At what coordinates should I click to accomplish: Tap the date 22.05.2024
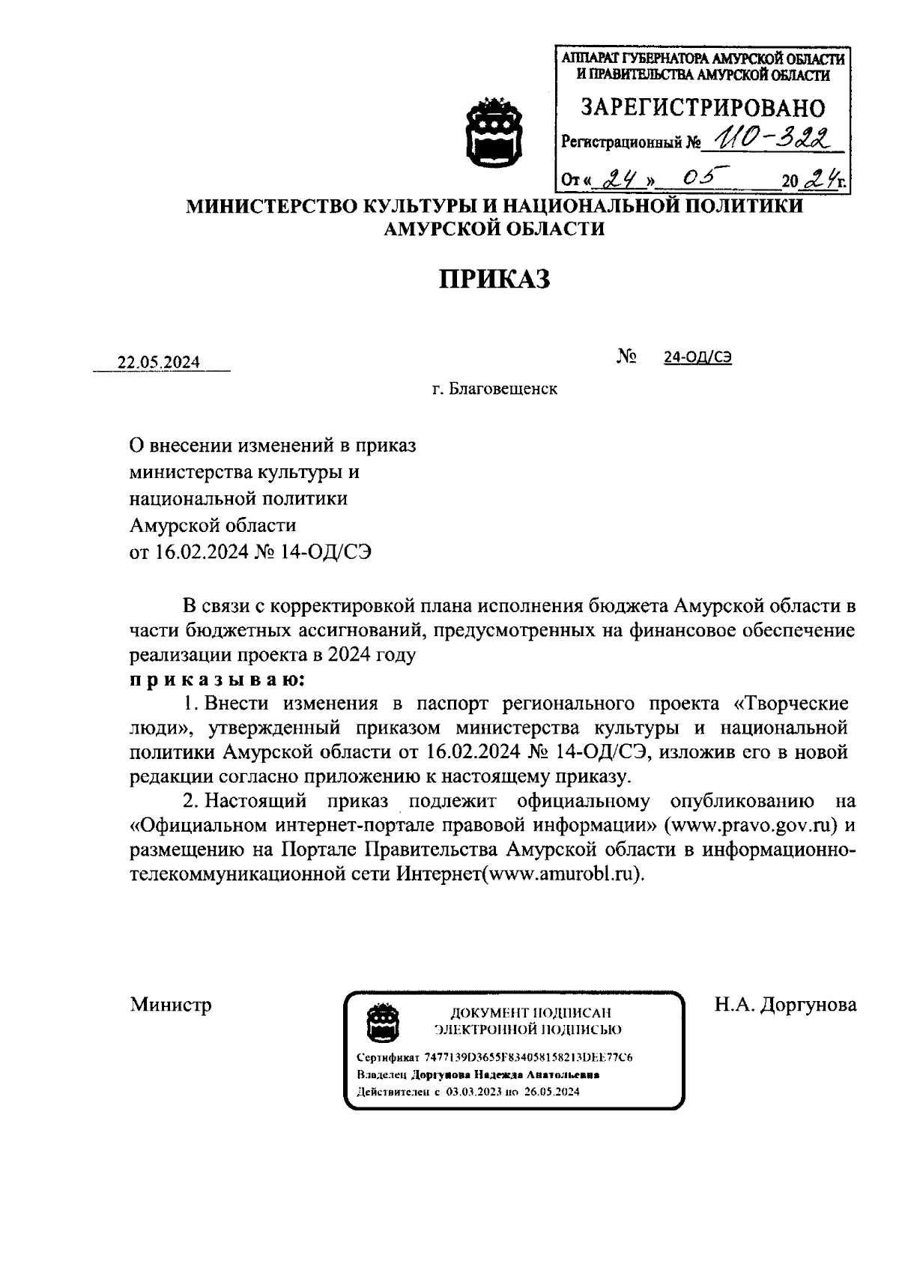[159, 363]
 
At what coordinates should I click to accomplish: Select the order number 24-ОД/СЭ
[697, 357]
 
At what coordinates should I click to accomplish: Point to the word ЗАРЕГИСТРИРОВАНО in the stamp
[703, 109]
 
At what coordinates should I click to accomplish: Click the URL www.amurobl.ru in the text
[562, 874]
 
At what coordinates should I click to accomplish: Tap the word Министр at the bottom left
[171, 1004]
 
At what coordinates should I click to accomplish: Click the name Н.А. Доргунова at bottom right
[785, 1004]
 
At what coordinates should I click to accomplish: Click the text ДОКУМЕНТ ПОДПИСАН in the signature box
[530, 1013]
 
